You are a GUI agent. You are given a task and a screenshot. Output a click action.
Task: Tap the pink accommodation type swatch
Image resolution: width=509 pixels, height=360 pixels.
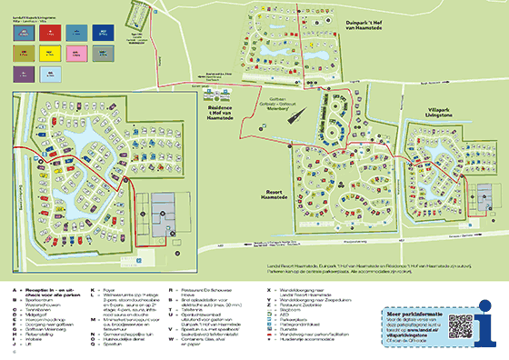click(x=77, y=53)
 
